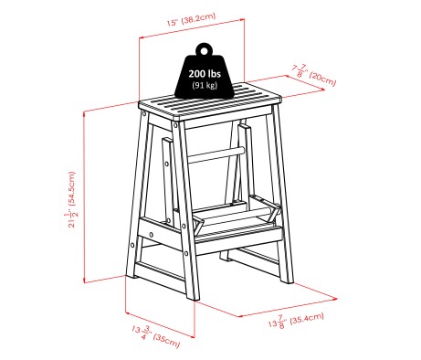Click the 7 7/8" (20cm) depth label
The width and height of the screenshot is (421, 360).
pyautogui.click(x=312, y=74)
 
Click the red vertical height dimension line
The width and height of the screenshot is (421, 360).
pyautogui.click(x=84, y=196)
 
